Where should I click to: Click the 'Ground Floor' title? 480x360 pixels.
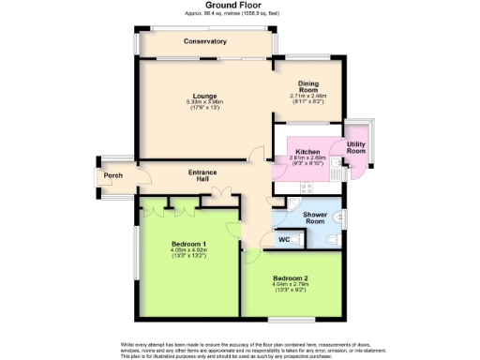[x=240, y=6]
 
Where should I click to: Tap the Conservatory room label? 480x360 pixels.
[x=205, y=42]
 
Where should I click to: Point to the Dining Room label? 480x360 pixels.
[x=309, y=85]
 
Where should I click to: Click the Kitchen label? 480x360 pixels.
[x=307, y=152]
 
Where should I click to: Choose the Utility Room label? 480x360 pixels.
[x=356, y=147]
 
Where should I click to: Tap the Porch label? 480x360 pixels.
[x=113, y=175]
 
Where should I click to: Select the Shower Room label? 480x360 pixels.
[x=315, y=217]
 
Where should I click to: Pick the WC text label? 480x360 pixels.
[x=283, y=240]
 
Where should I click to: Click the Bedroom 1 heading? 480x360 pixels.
[x=188, y=245]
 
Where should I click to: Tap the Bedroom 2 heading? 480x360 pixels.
[x=291, y=278]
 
